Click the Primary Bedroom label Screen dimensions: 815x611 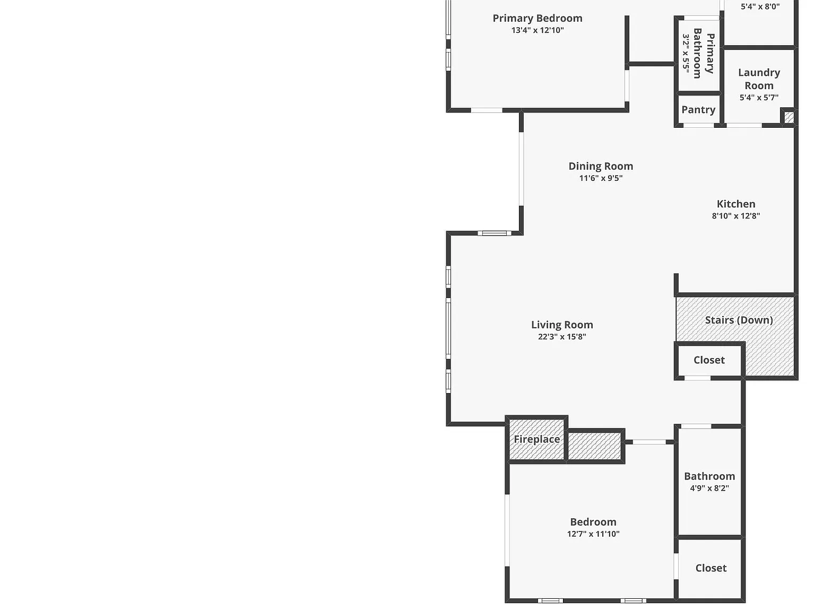[x=537, y=18]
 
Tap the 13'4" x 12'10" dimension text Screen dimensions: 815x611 [x=537, y=30]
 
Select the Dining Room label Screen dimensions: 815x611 [x=601, y=166]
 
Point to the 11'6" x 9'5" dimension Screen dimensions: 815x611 [x=601, y=178]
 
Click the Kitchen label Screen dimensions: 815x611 [x=736, y=204]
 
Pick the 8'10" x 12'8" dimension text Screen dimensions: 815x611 [x=736, y=216]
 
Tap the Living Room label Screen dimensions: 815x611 [x=562, y=325]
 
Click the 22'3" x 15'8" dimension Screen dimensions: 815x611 [x=562, y=337]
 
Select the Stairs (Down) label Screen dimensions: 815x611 [x=739, y=320]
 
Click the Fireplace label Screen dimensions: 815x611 [x=537, y=439]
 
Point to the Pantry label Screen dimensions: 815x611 [x=698, y=110]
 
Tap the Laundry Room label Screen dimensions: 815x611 [x=759, y=79]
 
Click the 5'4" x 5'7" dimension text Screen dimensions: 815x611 [x=759, y=98]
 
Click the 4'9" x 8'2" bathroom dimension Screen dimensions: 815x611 [x=709, y=488]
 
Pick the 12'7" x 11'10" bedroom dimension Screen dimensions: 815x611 [x=593, y=534]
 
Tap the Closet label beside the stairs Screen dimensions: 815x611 [x=709, y=360]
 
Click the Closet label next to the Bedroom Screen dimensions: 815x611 [x=711, y=569]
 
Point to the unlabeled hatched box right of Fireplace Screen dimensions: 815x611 [x=594, y=446]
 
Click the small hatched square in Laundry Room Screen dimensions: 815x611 [x=789, y=118]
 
